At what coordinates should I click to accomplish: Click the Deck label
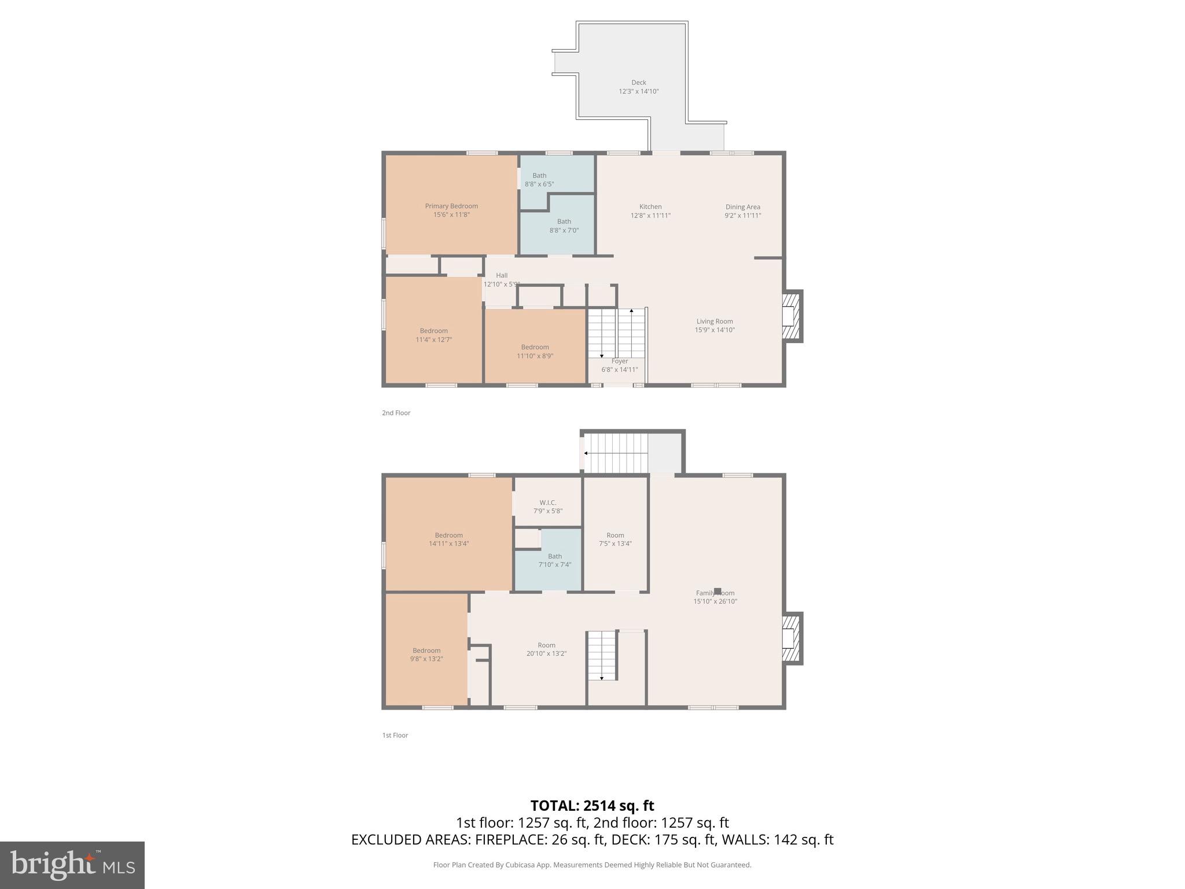click(639, 87)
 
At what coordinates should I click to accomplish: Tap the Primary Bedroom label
click(451, 210)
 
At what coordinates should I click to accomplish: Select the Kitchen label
click(650, 211)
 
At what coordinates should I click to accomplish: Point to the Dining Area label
click(742, 211)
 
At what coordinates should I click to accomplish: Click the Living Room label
click(715, 325)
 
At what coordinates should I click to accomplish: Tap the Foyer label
click(620, 365)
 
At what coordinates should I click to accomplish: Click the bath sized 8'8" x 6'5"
click(539, 179)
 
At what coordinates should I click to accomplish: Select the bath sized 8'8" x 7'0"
click(564, 226)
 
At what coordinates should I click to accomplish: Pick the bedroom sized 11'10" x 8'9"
click(535, 351)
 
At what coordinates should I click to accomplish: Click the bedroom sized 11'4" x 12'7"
click(433, 335)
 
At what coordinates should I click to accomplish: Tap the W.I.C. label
click(547, 506)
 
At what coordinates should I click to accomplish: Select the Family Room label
click(715, 597)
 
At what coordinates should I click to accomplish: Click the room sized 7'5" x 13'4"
click(615, 539)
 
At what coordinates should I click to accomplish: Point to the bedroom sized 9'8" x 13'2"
click(426, 654)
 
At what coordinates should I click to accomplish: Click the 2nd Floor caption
click(396, 413)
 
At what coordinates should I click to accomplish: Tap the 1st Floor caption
click(395, 735)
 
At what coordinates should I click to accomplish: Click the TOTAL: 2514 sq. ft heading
click(592, 805)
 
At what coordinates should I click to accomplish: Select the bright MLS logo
click(72, 865)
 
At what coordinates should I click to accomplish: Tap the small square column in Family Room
click(717, 591)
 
